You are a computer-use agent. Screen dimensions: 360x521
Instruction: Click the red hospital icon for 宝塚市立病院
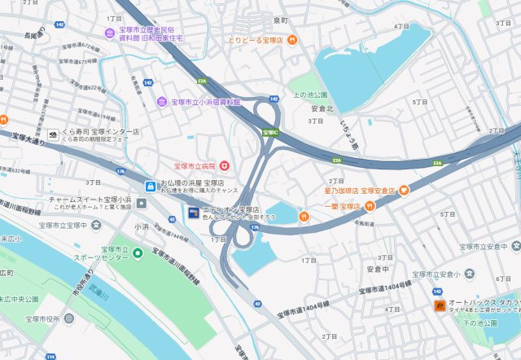(225, 165)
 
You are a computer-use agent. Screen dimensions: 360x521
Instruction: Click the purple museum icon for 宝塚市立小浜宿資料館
(162, 102)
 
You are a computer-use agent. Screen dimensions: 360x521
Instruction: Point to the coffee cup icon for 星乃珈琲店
(403, 191)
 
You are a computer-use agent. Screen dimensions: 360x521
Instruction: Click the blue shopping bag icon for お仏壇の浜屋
(150, 187)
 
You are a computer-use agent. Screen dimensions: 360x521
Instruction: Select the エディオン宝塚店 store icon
(192, 213)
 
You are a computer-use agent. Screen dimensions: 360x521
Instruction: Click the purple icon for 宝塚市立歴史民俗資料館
(109, 32)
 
